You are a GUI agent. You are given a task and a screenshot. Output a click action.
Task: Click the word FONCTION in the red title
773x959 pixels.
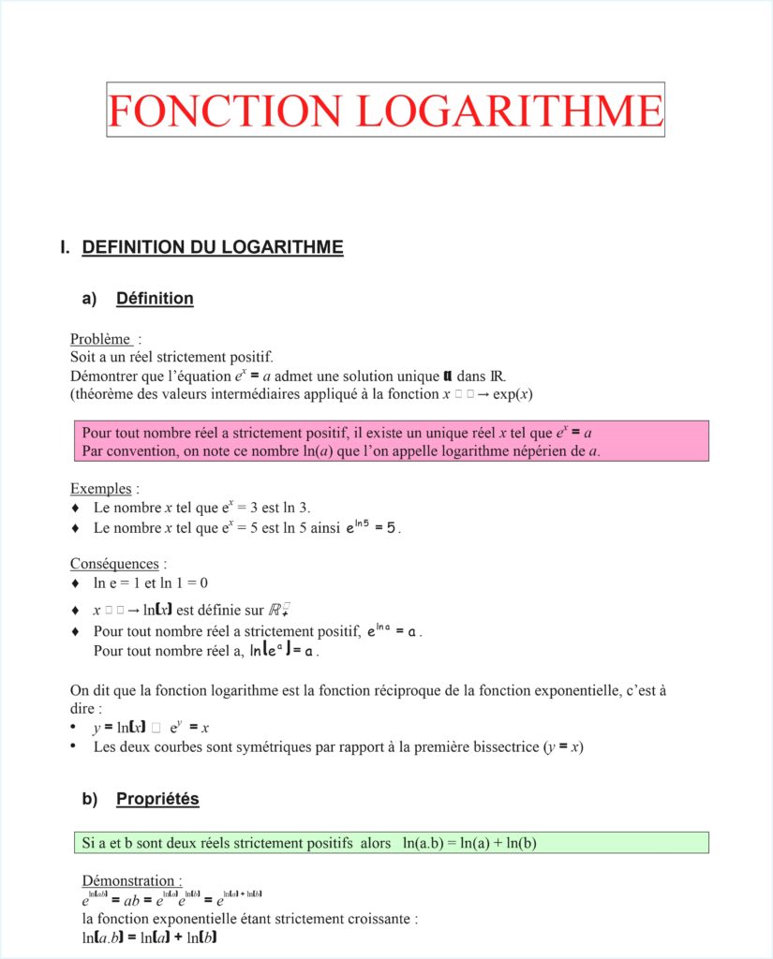point(225,111)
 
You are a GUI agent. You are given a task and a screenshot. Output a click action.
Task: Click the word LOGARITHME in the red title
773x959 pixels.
point(511,111)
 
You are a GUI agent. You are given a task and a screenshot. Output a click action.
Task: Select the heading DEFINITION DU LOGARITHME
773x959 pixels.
point(213,248)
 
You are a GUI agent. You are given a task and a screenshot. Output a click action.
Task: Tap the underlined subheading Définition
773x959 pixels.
point(155,299)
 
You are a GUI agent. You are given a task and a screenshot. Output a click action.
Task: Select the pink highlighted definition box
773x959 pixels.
point(391,441)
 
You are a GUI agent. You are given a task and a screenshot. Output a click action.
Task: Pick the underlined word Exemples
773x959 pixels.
point(102,488)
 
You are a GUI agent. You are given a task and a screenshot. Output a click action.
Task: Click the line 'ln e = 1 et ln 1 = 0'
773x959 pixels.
point(150,583)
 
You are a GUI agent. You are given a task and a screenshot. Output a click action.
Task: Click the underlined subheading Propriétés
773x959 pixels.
point(157,799)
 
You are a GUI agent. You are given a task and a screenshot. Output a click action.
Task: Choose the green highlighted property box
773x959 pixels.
point(391,843)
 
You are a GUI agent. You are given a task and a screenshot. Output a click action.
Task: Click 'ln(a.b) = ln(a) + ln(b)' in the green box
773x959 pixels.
point(469,844)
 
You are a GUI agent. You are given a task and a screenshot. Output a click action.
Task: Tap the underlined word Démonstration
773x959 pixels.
point(130,880)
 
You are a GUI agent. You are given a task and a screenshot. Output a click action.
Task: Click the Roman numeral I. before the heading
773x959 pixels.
point(65,248)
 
